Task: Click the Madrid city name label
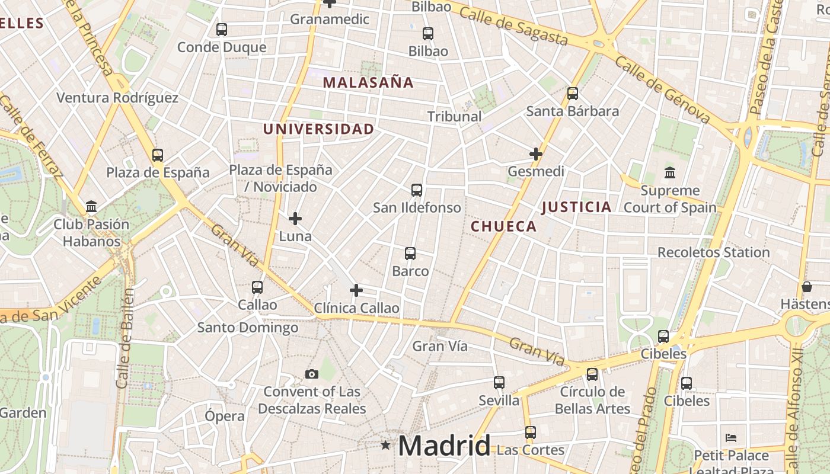tap(444, 446)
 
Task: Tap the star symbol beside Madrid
tap(385, 444)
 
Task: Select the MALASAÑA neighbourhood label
tap(368, 82)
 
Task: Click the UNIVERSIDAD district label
tap(318, 129)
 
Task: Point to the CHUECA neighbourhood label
tap(503, 226)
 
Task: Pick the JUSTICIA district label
tap(576, 207)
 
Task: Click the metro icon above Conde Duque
tap(222, 29)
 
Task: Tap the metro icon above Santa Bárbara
tap(572, 93)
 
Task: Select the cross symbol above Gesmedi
tap(536, 154)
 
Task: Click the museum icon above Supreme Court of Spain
tap(670, 173)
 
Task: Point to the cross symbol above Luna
tap(295, 219)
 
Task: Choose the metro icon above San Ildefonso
tap(417, 190)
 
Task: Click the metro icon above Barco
tap(410, 254)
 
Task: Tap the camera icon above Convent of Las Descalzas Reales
tap(312, 374)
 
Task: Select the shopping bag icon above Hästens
tap(806, 287)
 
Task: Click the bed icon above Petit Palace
tap(731, 438)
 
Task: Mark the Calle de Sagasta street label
tap(513, 27)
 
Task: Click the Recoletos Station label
tap(713, 252)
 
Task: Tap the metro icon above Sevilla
tap(499, 383)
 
